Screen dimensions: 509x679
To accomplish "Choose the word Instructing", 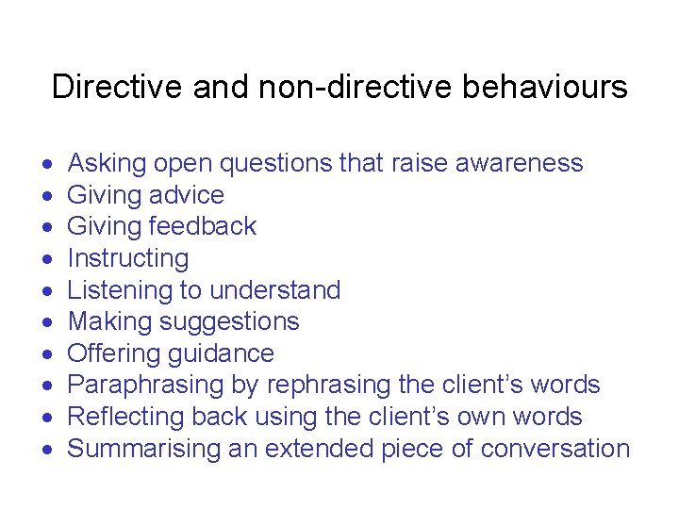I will (x=128, y=258).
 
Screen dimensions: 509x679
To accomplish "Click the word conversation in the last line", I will (x=555, y=449).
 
